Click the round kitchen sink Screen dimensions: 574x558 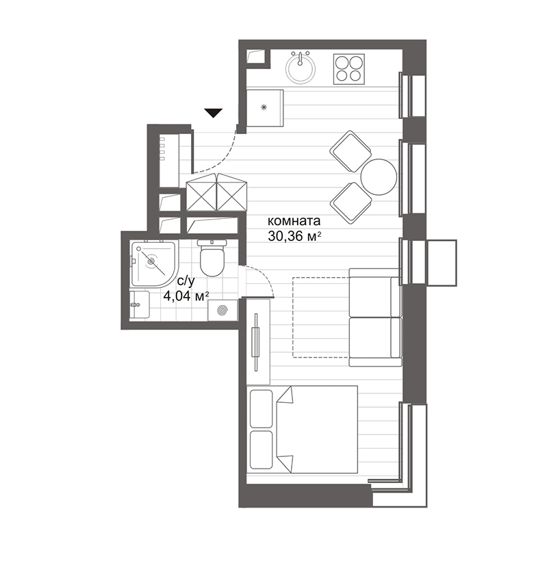pos(301,68)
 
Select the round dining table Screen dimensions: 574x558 pos(379,177)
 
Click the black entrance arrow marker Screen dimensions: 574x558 pos(214,113)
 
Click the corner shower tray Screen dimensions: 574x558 pos(152,263)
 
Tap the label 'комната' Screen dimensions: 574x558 pos(294,222)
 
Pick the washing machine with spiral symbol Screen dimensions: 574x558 pos(223,310)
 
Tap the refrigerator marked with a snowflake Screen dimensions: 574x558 pos(265,108)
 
